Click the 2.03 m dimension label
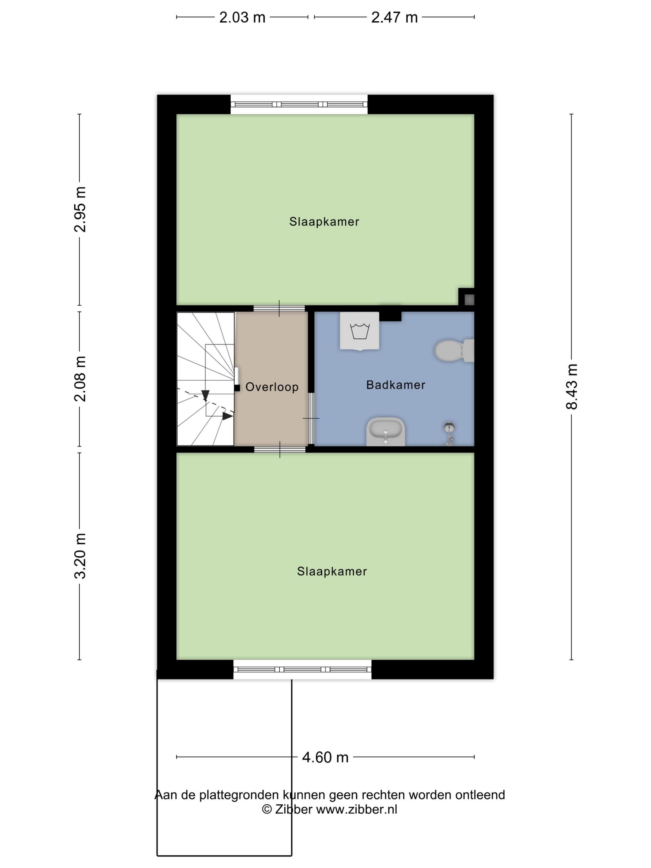coord(242,18)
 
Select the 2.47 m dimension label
coord(394,18)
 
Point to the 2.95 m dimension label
coord(80,210)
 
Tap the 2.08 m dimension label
coord(80,379)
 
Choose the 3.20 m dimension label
coord(80,556)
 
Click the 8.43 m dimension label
coord(572,387)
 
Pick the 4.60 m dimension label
coord(325,757)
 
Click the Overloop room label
coord(272,387)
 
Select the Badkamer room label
coord(396,385)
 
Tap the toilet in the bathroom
coord(454,350)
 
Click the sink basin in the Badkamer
coord(386,432)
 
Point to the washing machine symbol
coord(359,331)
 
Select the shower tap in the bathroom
coord(449,434)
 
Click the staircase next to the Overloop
coord(205,379)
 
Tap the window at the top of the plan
coord(299,104)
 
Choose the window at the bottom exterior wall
coord(303,669)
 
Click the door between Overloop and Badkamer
coord(311,418)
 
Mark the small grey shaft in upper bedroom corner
coord(469,300)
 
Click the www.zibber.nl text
coord(357,809)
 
